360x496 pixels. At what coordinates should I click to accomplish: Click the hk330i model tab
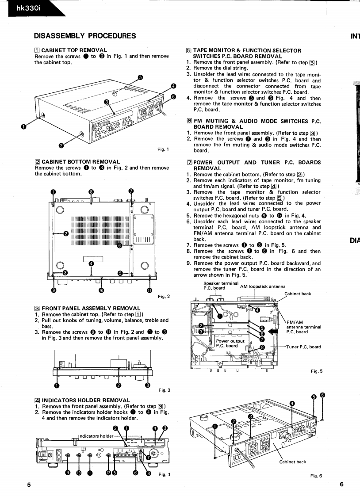pyautogui.click(x=18, y=8)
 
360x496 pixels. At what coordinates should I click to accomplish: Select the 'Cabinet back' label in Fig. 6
pyautogui.click(x=292, y=462)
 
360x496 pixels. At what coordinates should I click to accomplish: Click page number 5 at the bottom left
pyautogui.click(x=28, y=485)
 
